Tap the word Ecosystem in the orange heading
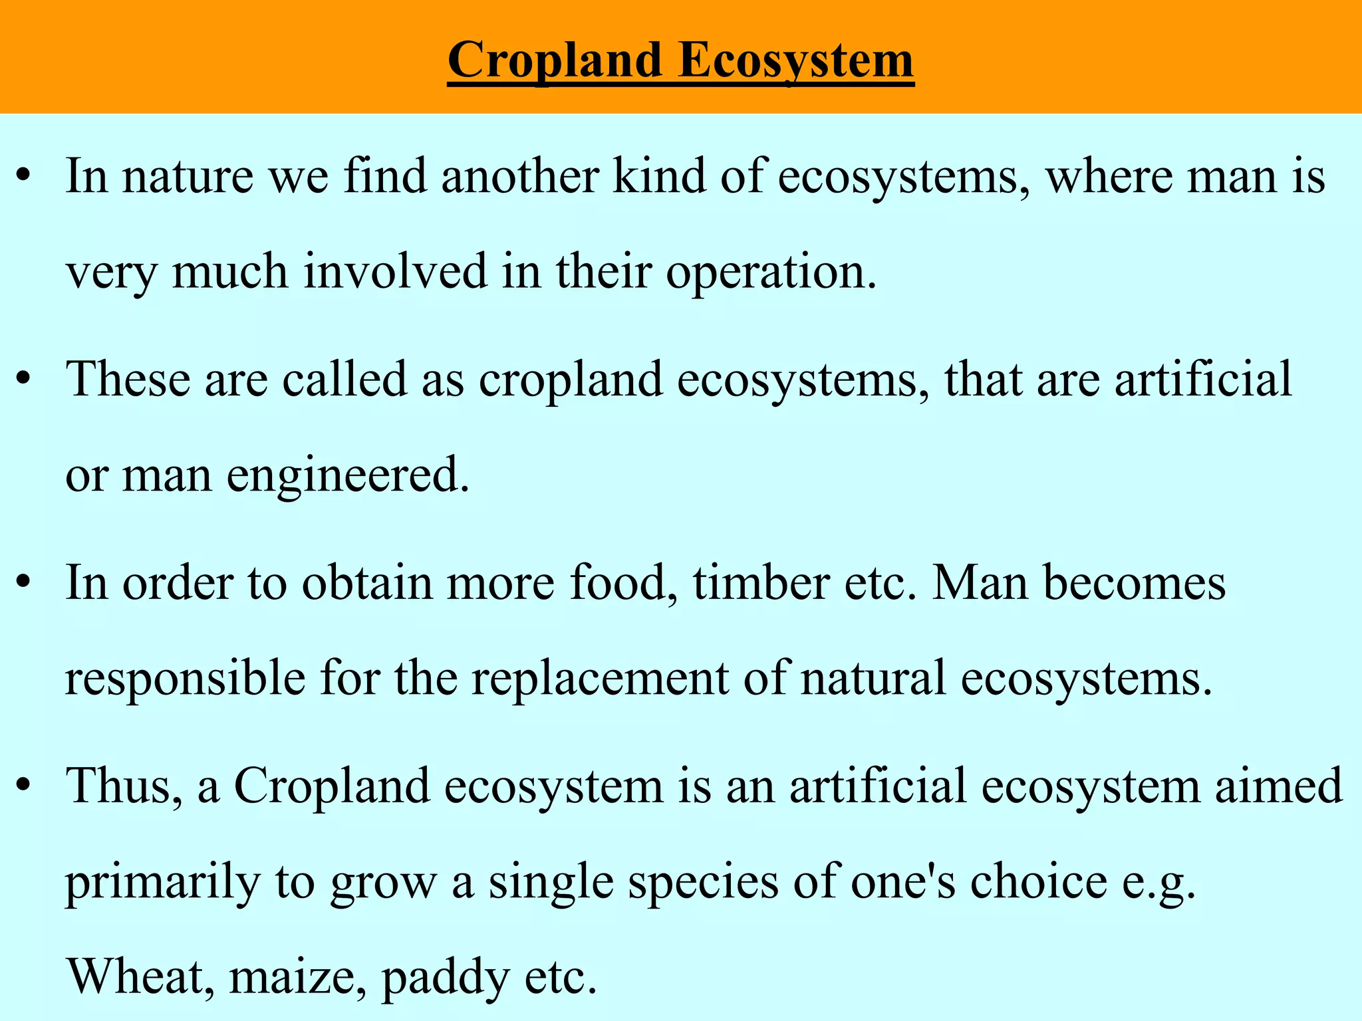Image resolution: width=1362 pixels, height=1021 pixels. (796, 61)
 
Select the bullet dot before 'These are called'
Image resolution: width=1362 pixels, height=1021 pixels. (24, 380)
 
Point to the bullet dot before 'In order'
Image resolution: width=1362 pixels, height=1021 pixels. (24, 584)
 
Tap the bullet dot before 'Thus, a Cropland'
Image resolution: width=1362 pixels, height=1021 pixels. (24, 787)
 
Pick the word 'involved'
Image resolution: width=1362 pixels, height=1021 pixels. (396, 273)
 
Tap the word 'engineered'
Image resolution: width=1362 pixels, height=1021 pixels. (344, 476)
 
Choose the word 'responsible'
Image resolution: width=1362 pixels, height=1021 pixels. (185, 679)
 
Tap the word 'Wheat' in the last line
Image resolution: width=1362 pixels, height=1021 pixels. (140, 977)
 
